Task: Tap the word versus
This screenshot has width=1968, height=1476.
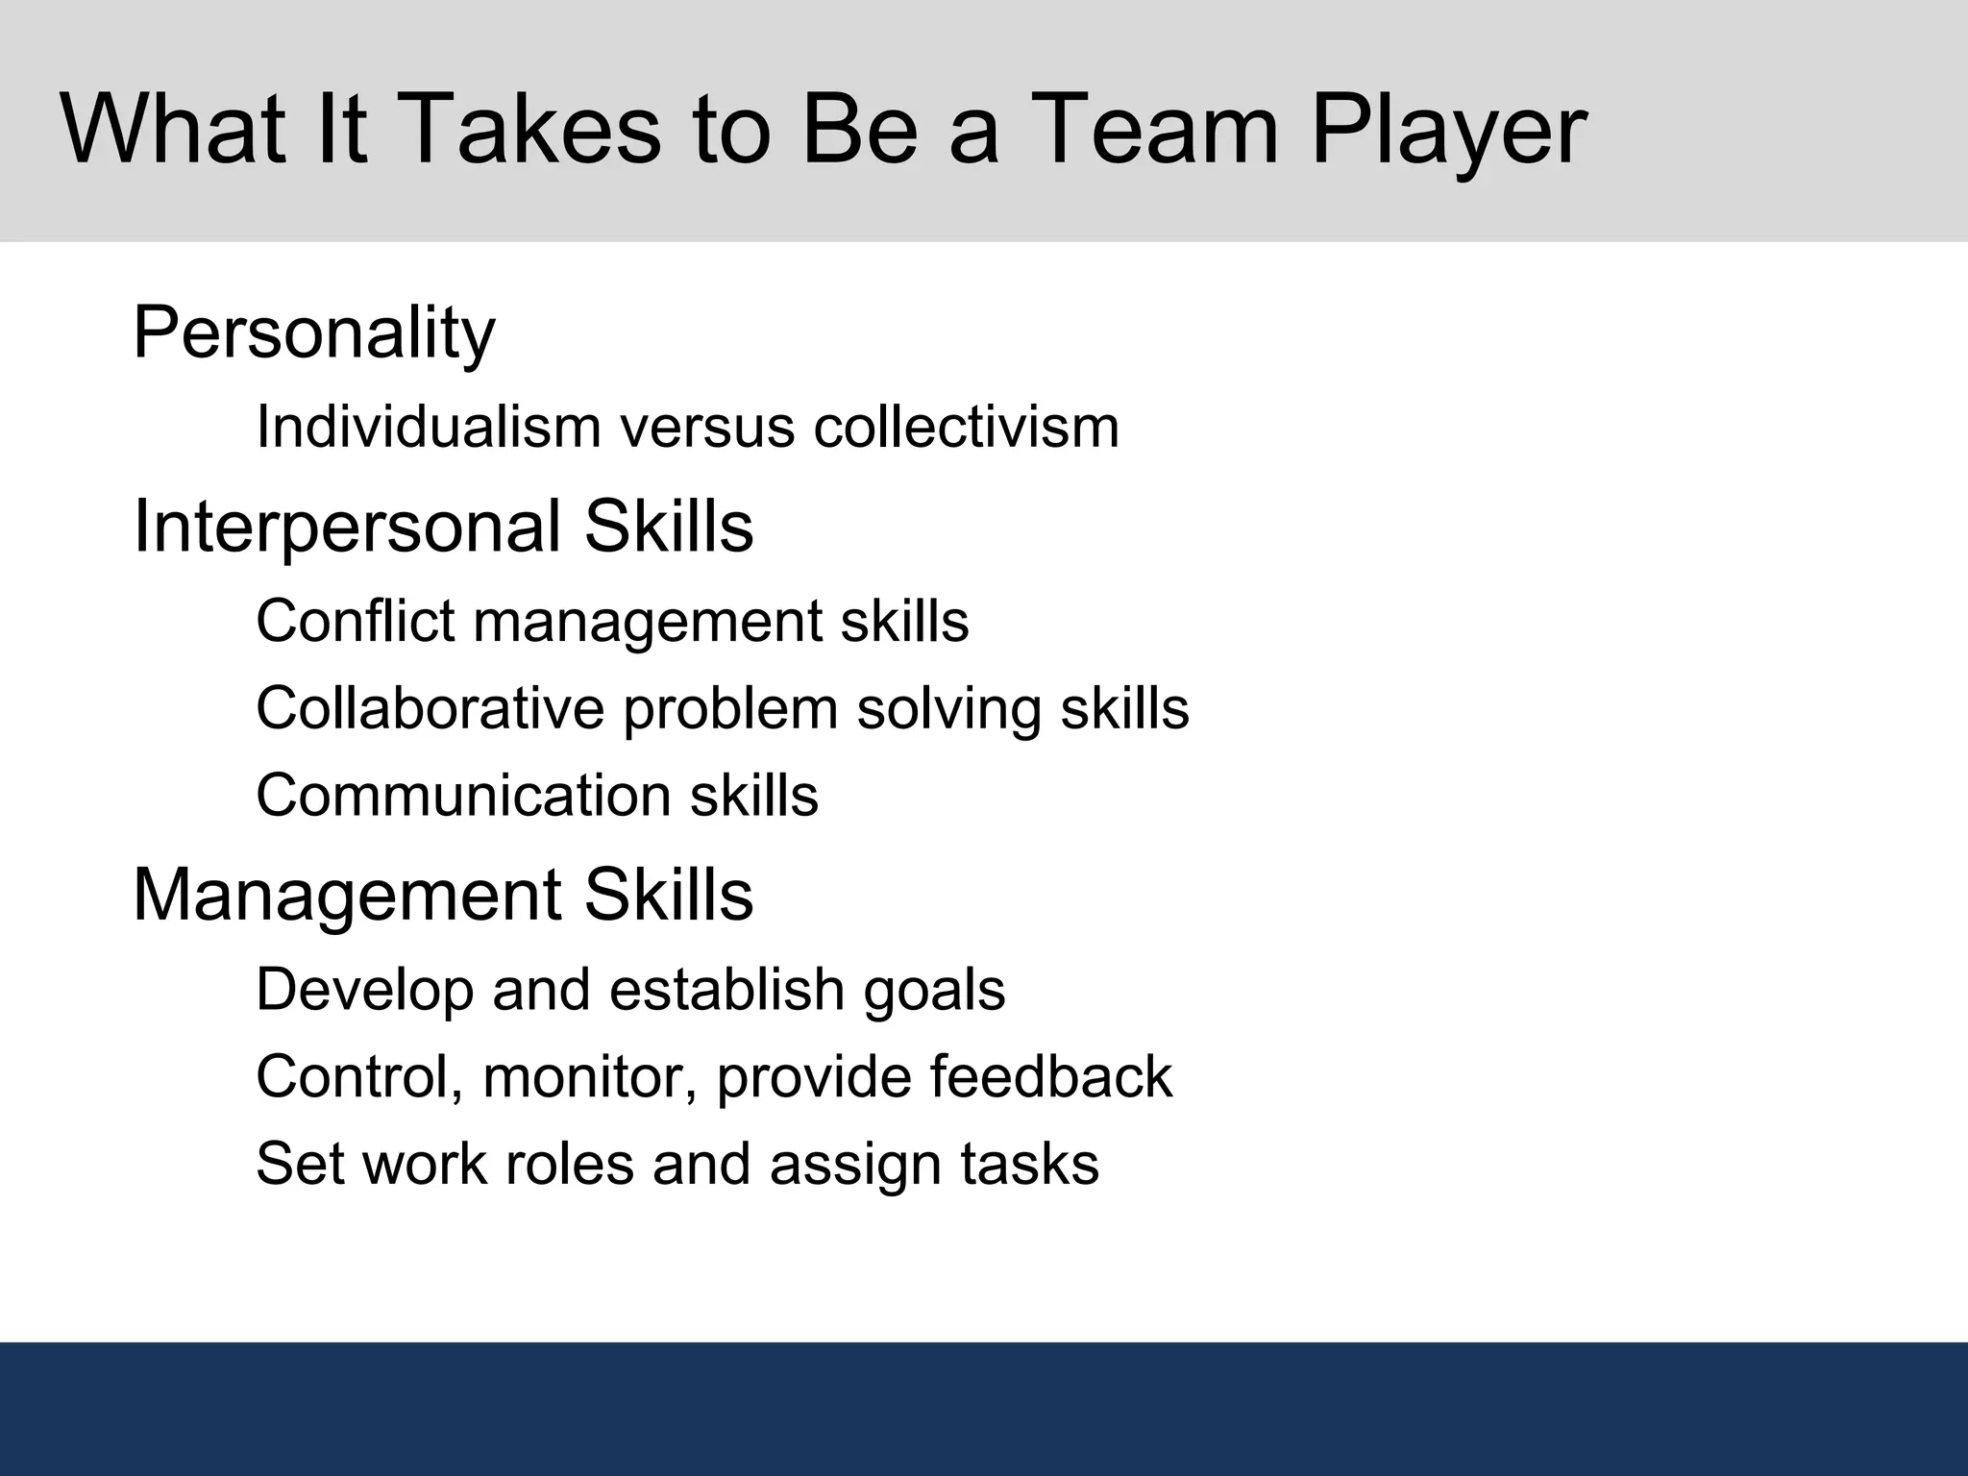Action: pyautogui.click(x=707, y=428)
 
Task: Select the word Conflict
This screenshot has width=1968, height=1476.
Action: pyautogui.click(x=355, y=620)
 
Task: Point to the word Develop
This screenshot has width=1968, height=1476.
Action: pyautogui.click(x=364, y=991)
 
